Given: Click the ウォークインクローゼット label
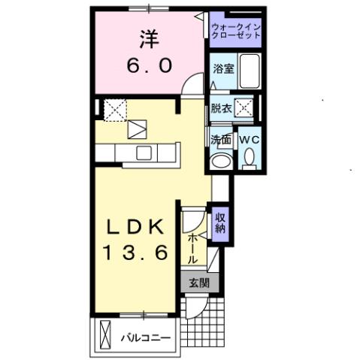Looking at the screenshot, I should pyautogui.click(x=234, y=31).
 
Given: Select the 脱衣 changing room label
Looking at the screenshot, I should pyautogui.click(x=220, y=107).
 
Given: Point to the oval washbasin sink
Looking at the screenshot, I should pyautogui.click(x=220, y=161).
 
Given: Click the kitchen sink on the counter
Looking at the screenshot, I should pyautogui.click(x=143, y=153).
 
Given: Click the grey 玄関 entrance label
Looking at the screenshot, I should pyautogui.click(x=199, y=283).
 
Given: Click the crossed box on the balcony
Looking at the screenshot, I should pyautogui.click(x=104, y=332).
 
